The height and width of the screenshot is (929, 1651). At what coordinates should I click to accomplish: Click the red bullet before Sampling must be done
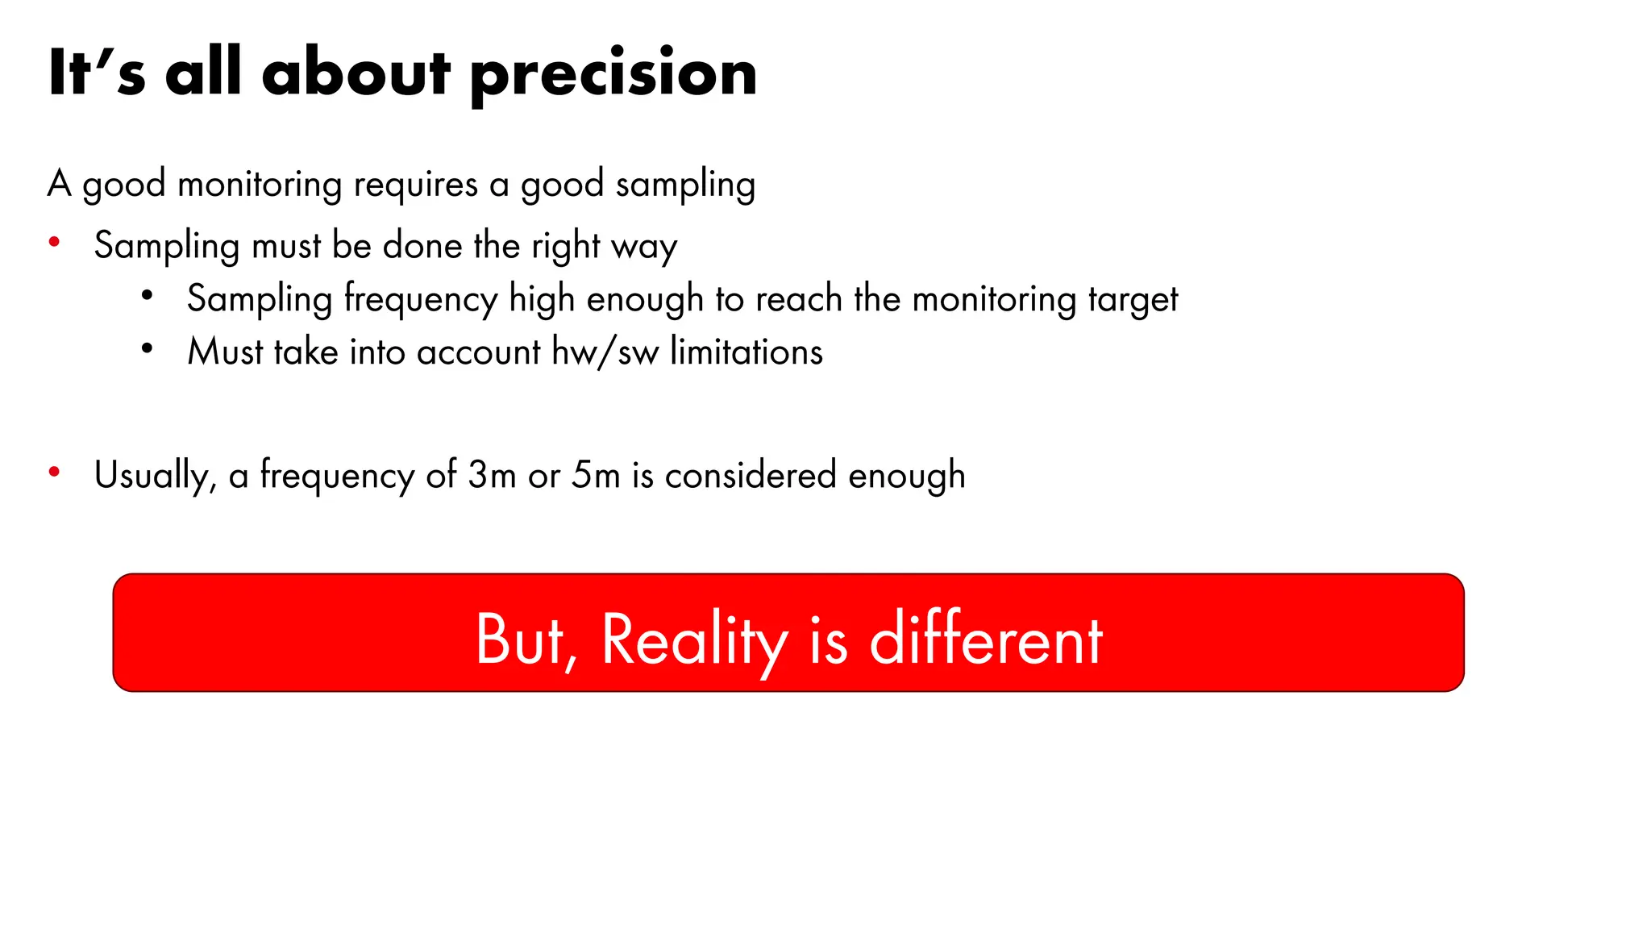pyautogui.click(x=54, y=242)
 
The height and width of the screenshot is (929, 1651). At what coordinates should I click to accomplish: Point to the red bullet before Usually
pyautogui.click(x=54, y=472)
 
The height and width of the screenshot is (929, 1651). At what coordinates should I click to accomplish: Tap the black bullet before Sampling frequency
pyautogui.click(x=147, y=296)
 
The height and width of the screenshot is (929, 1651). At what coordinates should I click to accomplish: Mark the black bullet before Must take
pyautogui.click(x=147, y=349)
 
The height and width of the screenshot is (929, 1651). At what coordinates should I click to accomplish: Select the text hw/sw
pyautogui.click(x=605, y=352)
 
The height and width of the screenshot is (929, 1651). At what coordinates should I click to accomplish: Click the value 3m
pyautogui.click(x=492, y=475)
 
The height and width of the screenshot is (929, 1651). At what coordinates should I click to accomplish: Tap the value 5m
pyautogui.click(x=596, y=475)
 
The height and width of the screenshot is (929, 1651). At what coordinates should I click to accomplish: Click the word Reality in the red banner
pyautogui.click(x=694, y=640)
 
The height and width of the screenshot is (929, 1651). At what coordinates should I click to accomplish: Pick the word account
pyautogui.click(x=478, y=352)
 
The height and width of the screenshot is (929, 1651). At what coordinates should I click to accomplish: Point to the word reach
pyautogui.click(x=799, y=299)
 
